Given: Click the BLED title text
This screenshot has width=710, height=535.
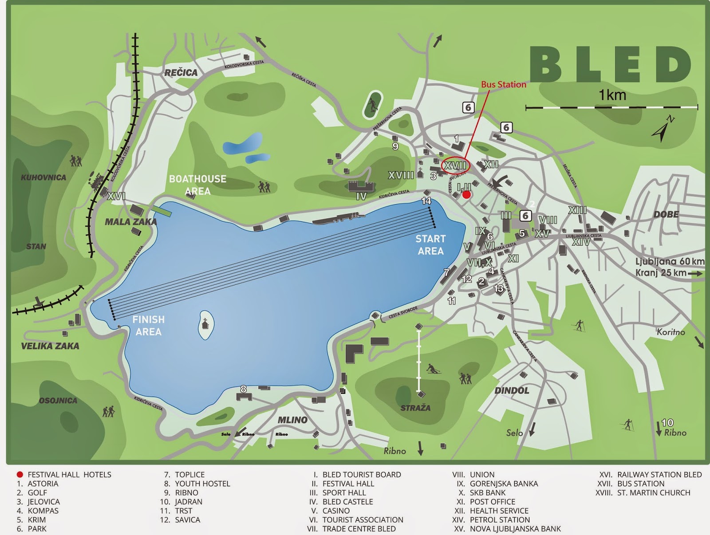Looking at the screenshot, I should pyautogui.click(x=610, y=64).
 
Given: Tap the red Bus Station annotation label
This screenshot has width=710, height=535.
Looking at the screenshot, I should pyautogui.click(x=504, y=84).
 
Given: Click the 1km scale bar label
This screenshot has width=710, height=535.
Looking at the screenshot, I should pyautogui.click(x=612, y=95).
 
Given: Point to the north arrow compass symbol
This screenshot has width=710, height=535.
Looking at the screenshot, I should pyautogui.click(x=663, y=129).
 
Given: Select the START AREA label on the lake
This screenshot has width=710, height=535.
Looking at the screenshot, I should pyautogui.click(x=430, y=245).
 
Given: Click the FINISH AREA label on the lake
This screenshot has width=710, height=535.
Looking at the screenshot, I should pyautogui.click(x=148, y=326).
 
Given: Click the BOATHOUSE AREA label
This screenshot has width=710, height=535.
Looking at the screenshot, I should pyautogui.click(x=197, y=185).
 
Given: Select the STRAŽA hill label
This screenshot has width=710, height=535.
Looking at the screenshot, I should pyautogui.click(x=415, y=408).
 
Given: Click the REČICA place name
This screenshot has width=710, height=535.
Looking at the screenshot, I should pyautogui.click(x=181, y=73).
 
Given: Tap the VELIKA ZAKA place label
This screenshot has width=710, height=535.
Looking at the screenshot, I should pyautogui.click(x=50, y=346).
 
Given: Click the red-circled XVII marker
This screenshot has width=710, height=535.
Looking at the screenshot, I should pyautogui.click(x=455, y=165).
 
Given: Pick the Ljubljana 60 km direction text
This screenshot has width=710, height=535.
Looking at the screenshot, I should pyautogui.click(x=669, y=261).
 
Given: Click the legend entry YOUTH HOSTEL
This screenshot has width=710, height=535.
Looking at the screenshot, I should pyautogui.click(x=202, y=484).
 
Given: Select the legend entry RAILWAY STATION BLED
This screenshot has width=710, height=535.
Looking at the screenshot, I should pyautogui.click(x=659, y=475).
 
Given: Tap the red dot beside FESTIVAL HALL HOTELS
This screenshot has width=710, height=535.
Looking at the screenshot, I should pyautogui.click(x=20, y=474).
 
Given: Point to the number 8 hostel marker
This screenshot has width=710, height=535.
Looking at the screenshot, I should pyautogui.click(x=243, y=389).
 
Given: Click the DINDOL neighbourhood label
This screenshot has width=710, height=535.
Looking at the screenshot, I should pyautogui.click(x=512, y=391).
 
